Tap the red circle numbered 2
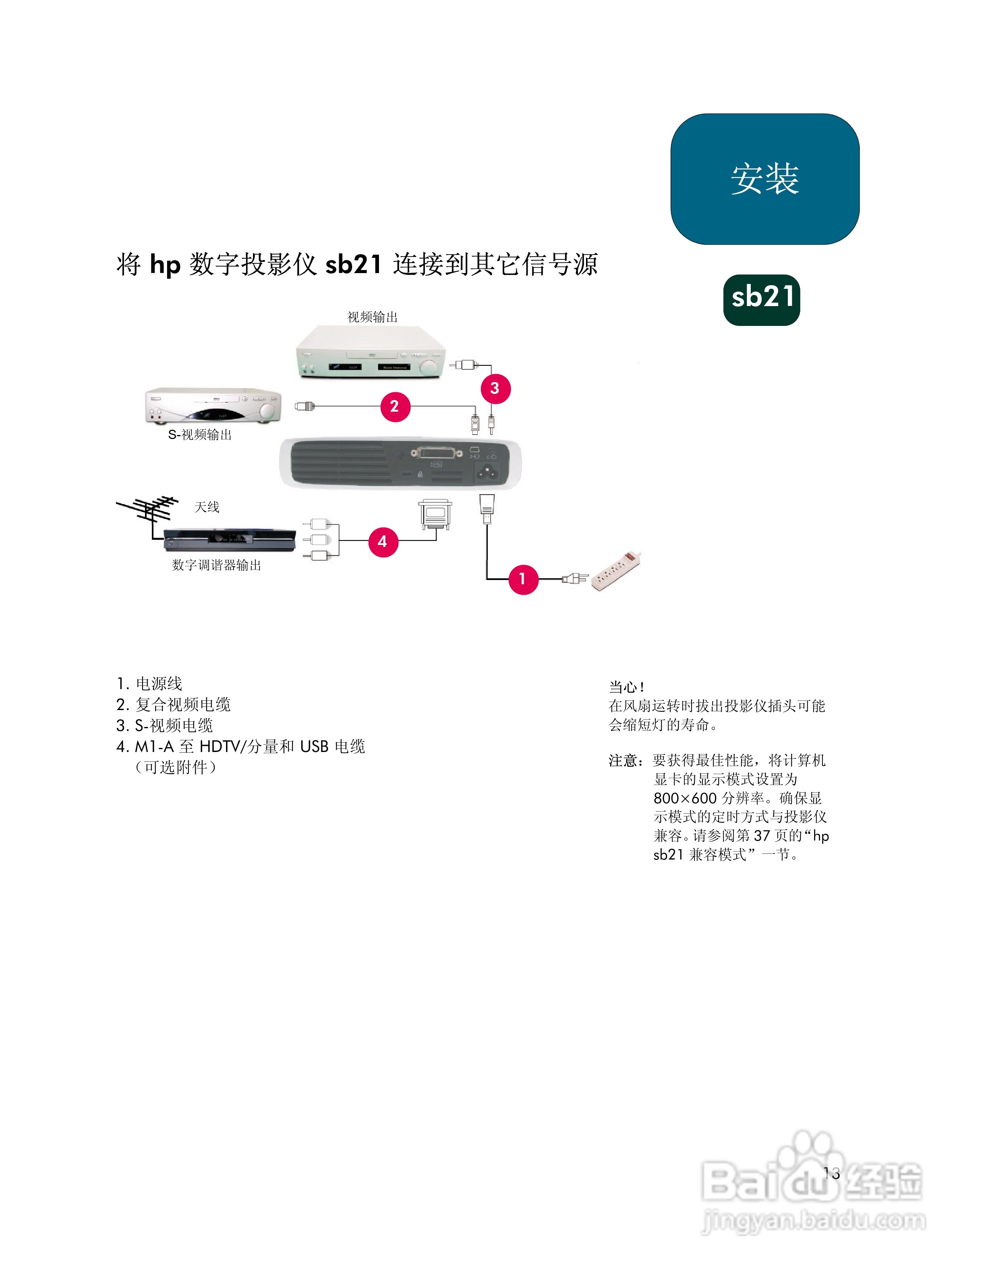[395, 407]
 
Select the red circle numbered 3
[495, 389]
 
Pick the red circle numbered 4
[383, 542]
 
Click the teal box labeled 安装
[764, 179]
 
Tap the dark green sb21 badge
[761, 300]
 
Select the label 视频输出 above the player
[372, 317]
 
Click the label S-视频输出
[200, 435]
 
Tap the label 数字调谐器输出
[216, 565]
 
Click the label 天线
[207, 507]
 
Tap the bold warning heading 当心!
[626, 687]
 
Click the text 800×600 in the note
[685, 798]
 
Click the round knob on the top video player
[430, 367]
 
